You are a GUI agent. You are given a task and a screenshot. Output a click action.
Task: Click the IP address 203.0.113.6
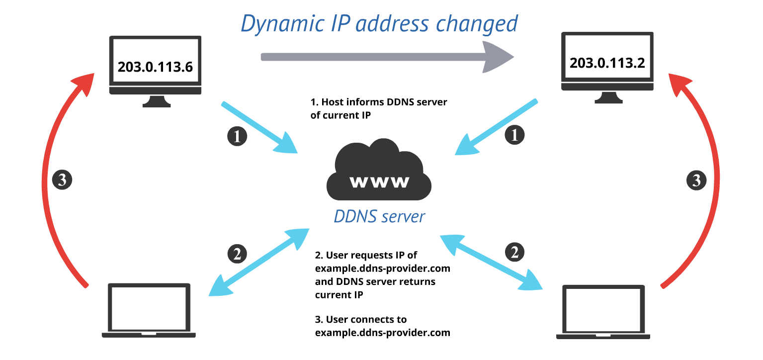[x=155, y=67]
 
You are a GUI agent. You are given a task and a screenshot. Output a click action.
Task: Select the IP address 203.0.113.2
[x=606, y=63]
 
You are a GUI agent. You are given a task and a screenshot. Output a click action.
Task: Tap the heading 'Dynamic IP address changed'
[x=379, y=23]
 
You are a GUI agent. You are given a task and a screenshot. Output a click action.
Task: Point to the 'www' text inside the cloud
[x=379, y=182]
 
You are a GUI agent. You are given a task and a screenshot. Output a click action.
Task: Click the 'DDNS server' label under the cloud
[x=379, y=216]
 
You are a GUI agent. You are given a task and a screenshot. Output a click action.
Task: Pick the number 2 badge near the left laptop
[x=237, y=254]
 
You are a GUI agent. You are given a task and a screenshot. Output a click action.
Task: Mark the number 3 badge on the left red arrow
[x=62, y=180]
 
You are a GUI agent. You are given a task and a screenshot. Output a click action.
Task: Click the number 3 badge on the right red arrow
[x=696, y=180]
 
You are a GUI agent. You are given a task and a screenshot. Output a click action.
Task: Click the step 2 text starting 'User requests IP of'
[x=366, y=256]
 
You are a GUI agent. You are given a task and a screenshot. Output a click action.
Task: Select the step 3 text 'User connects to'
[x=360, y=319]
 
